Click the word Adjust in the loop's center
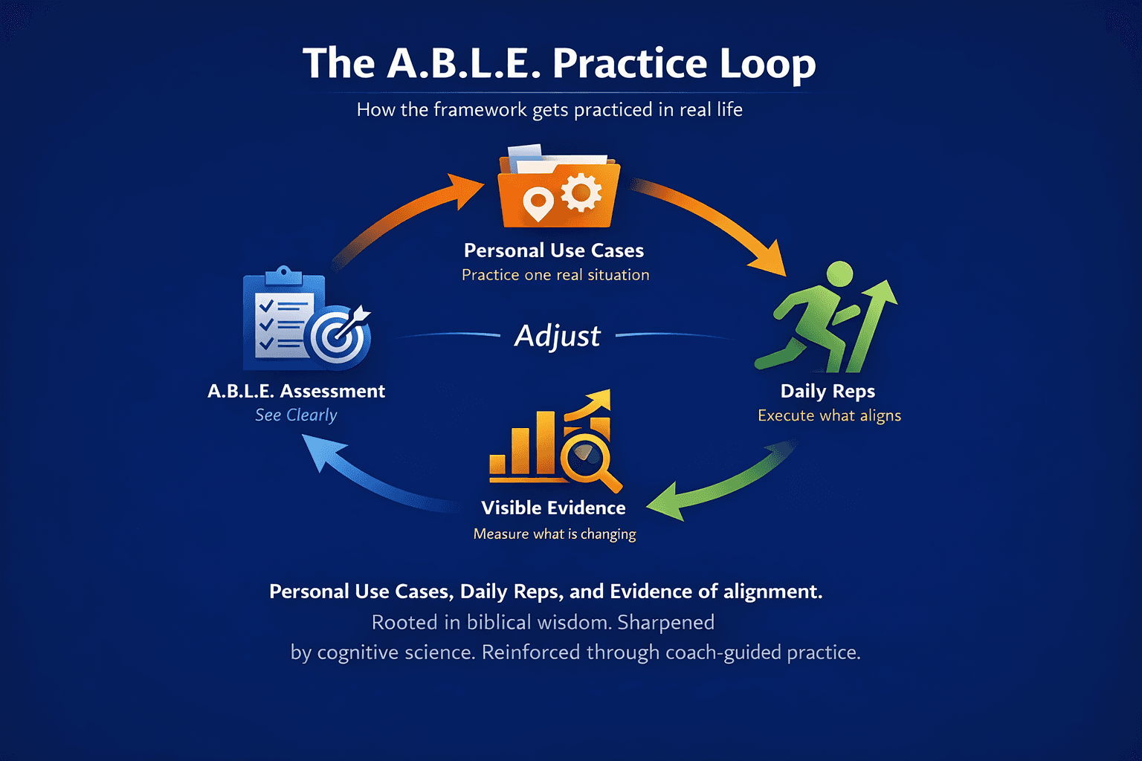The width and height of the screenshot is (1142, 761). (558, 336)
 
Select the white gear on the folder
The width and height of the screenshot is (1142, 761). (581, 193)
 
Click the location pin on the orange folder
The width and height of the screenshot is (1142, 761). (538, 203)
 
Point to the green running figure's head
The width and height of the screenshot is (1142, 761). (839, 273)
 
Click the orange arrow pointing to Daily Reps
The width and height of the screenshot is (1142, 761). (714, 219)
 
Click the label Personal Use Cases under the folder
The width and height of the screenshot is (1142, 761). (554, 250)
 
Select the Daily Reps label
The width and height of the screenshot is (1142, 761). (828, 391)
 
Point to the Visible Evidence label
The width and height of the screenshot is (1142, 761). (553, 508)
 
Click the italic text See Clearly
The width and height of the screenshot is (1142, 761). (296, 415)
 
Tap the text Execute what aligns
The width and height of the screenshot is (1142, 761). (829, 415)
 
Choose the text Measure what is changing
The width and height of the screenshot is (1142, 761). (555, 534)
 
